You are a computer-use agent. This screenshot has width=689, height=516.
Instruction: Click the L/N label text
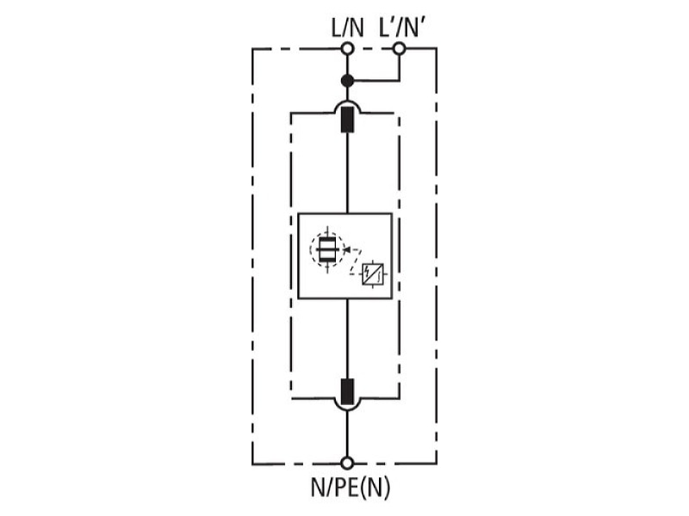347,28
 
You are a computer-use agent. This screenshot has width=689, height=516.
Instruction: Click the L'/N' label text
401,28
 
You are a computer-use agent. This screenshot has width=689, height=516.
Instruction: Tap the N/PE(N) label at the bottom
351,488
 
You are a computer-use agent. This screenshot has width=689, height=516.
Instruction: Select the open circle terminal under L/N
347,49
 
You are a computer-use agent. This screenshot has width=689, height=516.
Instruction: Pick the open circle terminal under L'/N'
399,48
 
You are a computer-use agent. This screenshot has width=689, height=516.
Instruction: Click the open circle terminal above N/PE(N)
347,463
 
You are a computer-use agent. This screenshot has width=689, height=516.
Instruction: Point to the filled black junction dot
347,81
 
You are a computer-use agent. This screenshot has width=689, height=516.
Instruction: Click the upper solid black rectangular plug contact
348,120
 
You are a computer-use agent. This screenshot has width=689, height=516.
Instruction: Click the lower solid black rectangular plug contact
348,391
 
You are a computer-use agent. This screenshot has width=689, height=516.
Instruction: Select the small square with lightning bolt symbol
373,274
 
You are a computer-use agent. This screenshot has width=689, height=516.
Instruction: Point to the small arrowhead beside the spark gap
346,249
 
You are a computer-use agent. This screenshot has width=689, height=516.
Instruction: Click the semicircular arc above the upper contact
348,101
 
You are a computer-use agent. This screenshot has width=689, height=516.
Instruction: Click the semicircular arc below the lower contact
348,410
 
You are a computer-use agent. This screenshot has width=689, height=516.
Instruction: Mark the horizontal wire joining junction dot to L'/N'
377,81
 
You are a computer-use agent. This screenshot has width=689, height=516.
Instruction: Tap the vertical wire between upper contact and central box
348,173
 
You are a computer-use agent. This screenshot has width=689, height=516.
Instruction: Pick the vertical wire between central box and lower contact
348,339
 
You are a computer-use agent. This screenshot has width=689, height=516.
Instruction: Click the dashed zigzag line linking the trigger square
356,262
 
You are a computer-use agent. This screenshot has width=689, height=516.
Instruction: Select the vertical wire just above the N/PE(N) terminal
347,434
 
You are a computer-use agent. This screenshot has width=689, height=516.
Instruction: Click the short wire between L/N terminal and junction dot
347,65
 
